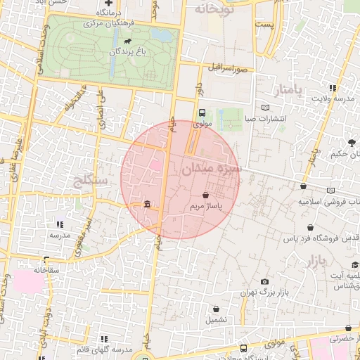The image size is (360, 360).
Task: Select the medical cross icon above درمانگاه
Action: pos(108,4)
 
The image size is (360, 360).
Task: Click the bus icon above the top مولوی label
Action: pos(202,112)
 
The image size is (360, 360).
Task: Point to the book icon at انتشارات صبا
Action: pos(264,108)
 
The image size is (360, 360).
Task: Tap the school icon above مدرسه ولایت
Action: pos(332,89)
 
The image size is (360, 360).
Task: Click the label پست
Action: pos(264,25)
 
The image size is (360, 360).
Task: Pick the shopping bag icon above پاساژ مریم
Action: pos(205,195)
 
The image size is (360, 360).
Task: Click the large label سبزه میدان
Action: pos(211,169)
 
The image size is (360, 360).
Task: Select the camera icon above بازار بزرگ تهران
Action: pos(264,281)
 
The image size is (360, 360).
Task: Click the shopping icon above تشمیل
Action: pos(216,309)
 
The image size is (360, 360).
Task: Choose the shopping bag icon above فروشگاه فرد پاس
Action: pos(311,227)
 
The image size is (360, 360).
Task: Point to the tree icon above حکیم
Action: pos(352,143)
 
